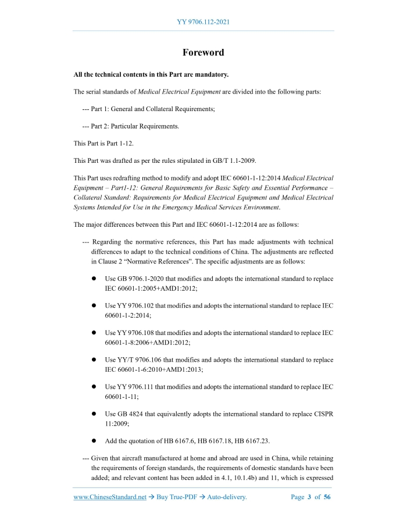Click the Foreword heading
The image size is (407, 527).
(203, 52)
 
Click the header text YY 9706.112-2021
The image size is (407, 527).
(203, 22)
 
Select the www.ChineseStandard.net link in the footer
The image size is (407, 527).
(110, 497)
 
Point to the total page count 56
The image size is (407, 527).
(327, 497)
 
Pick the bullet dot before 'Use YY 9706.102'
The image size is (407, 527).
(93, 305)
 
